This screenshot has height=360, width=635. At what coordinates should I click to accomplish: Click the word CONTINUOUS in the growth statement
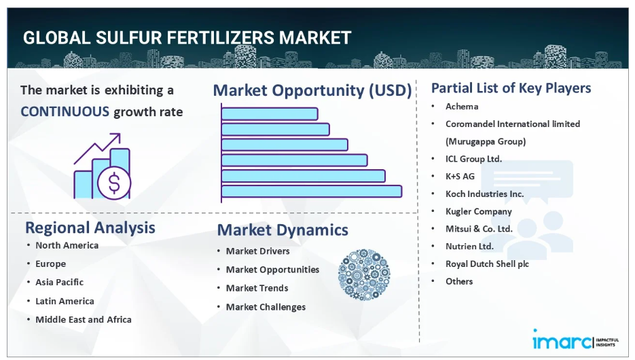click(65, 111)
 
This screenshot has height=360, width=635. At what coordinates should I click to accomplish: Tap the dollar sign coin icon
click(114, 183)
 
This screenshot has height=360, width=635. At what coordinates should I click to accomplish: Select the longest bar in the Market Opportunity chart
click(312, 191)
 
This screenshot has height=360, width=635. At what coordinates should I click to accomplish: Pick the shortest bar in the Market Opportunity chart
click(270, 114)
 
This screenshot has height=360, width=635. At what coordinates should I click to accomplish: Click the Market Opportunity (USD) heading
click(312, 90)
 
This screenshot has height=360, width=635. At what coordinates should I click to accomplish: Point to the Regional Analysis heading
click(90, 228)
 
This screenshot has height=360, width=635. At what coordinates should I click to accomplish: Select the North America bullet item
click(67, 245)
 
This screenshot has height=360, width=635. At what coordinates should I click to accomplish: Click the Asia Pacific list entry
click(60, 283)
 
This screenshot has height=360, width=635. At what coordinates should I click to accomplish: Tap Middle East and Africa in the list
click(84, 319)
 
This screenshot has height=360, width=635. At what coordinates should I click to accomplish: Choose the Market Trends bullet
click(257, 288)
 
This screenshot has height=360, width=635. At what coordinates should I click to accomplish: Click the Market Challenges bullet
click(266, 307)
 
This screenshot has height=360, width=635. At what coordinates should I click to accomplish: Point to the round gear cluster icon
click(364, 274)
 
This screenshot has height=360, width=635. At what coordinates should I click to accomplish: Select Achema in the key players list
click(462, 107)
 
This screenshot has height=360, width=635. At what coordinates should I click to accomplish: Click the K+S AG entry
click(460, 176)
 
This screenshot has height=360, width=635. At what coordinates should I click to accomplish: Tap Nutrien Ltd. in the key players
click(470, 246)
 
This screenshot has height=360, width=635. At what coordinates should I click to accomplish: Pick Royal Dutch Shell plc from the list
click(487, 264)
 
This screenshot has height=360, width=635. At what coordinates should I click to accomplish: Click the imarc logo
click(575, 340)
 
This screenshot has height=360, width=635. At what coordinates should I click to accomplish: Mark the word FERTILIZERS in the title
click(221, 38)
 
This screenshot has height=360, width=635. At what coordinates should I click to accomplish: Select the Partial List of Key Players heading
click(511, 88)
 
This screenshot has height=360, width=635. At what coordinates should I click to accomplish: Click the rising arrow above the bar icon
click(97, 148)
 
